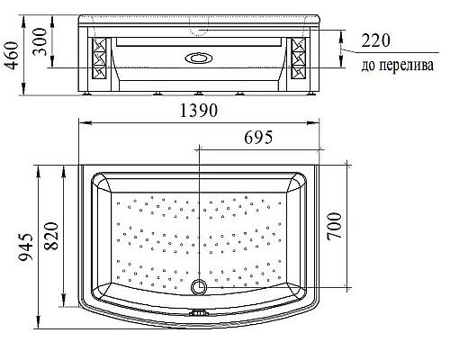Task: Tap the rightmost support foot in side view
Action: [x=309, y=91]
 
